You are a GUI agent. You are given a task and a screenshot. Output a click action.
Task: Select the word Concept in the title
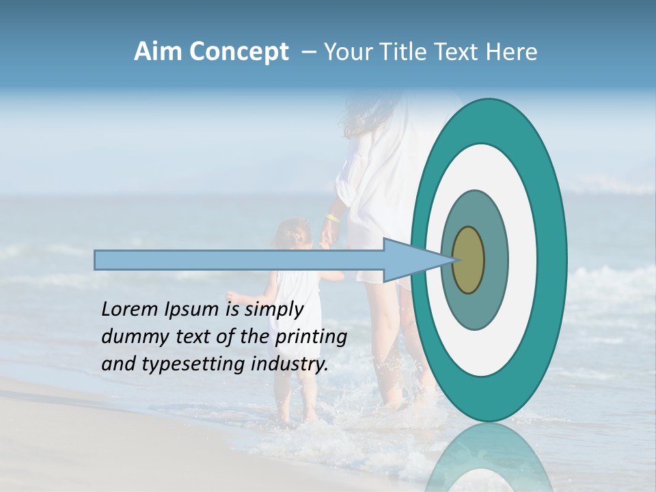click(238, 52)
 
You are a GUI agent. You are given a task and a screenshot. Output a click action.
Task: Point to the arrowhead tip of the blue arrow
click(454, 260)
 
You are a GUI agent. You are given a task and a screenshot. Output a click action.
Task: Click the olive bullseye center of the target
click(469, 260)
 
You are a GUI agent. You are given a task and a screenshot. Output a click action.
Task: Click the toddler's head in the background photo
click(292, 235)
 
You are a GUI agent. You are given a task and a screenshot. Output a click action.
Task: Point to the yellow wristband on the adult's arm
click(333, 218)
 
